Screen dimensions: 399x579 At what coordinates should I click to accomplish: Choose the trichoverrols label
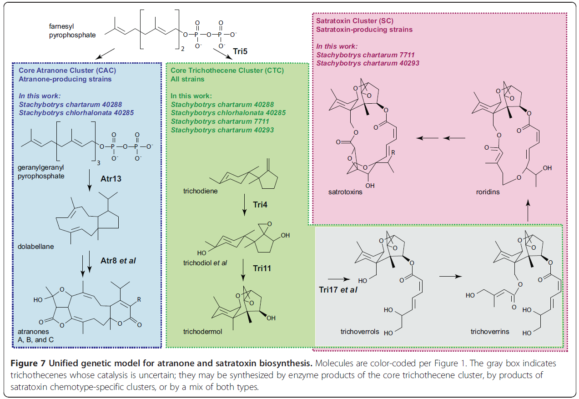tap(359, 332)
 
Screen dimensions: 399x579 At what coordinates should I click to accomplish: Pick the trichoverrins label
tap(490, 332)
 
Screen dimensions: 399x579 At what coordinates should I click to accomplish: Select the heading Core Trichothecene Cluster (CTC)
tap(227, 71)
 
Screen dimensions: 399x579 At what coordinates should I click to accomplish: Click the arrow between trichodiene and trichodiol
tap(245, 205)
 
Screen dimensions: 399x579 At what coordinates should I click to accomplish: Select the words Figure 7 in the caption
tap(34, 364)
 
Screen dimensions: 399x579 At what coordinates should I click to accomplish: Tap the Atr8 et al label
tap(119, 261)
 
